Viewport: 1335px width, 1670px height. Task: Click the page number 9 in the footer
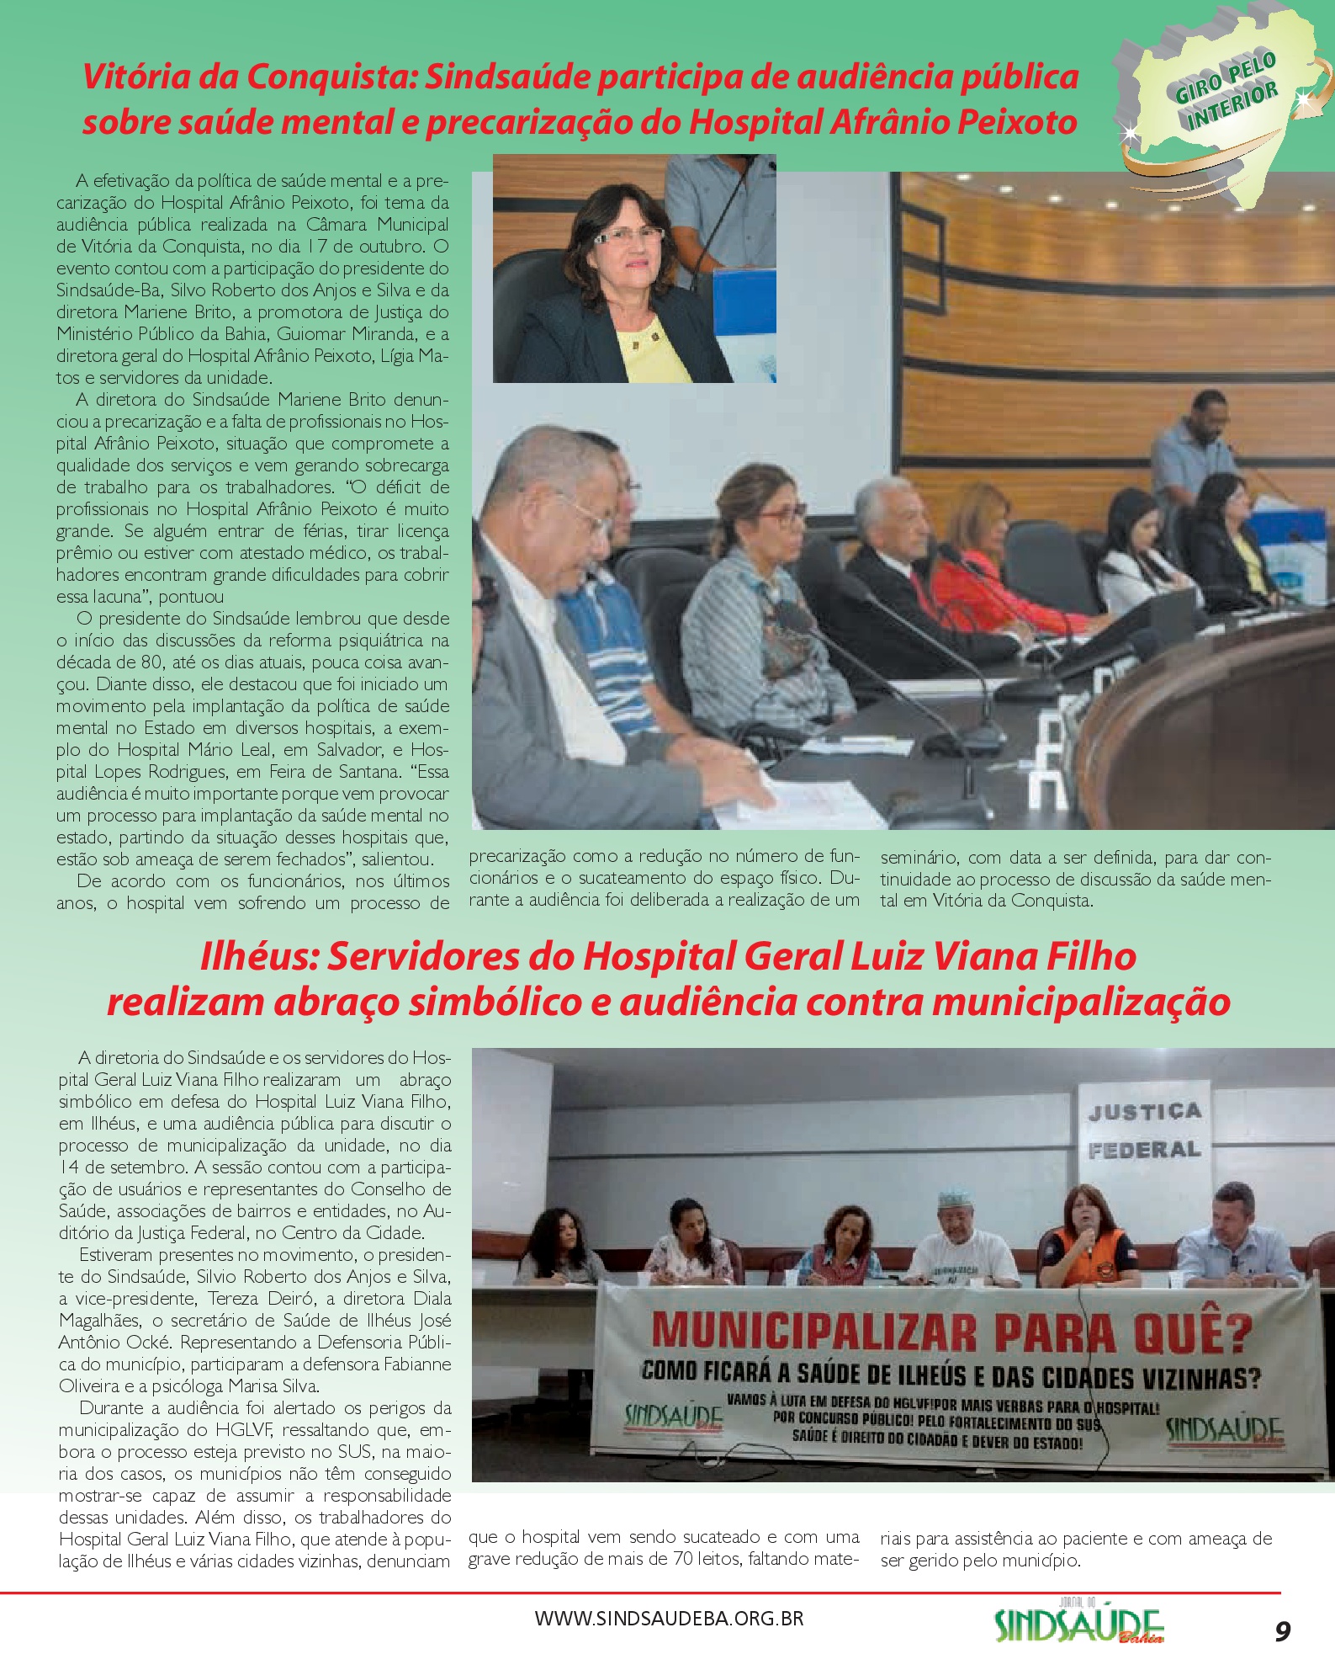pyautogui.click(x=1282, y=1631)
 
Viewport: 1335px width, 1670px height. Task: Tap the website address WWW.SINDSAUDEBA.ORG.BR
pyautogui.click(x=669, y=1618)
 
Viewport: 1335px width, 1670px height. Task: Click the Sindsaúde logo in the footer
pyautogui.click(x=1078, y=1624)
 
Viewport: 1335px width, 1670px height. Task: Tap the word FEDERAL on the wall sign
pyautogui.click(x=1144, y=1150)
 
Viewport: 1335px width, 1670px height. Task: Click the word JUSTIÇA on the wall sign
pyautogui.click(x=1144, y=1112)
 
